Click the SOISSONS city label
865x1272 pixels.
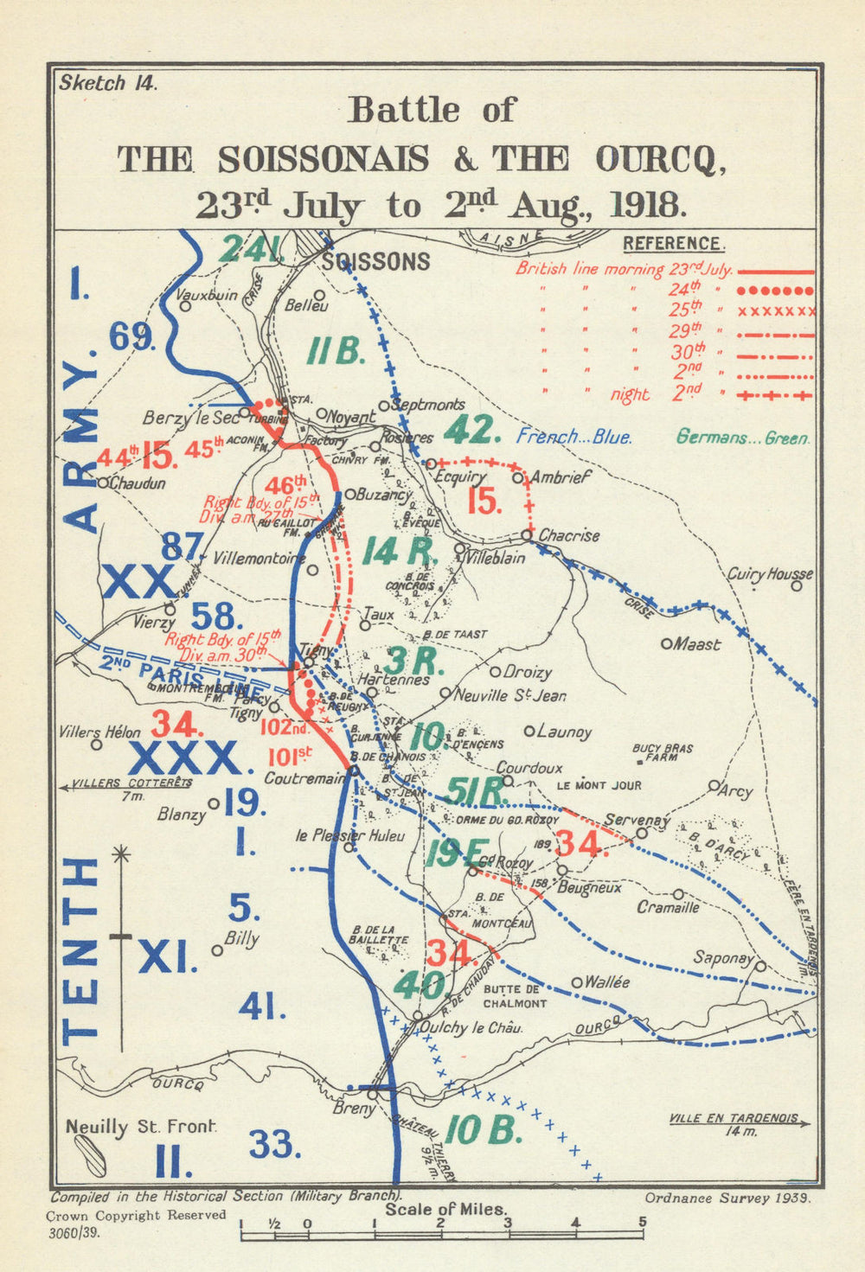pyautogui.click(x=375, y=262)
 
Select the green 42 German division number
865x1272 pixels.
pyautogui.click(x=472, y=430)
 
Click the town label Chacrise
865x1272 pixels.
pyautogui.click(x=569, y=535)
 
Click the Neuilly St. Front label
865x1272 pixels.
pyautogui.click(x=141, y=1128)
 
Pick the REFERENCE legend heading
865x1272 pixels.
pyautogui.click(x=673, y=244)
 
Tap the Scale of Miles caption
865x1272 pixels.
pyautogui.click(x=446, y=1209)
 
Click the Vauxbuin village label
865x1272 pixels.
pyautogui.click(x=206, y=295)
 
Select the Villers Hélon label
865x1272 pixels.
pyautogui.click(x=99, y=732)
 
